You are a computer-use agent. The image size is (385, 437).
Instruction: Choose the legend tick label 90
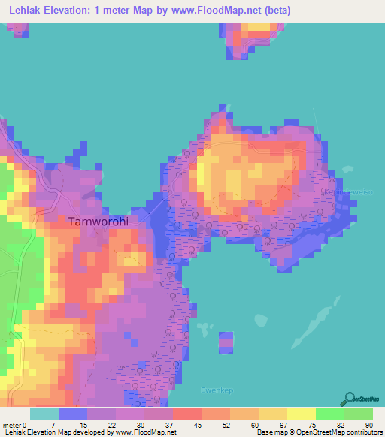tap(368, 425)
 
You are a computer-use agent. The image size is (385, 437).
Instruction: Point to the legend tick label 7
tap(53, 425)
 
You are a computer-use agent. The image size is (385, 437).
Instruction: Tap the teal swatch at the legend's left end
tap(44, 414)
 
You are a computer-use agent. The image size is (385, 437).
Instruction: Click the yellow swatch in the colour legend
tap(302, 414)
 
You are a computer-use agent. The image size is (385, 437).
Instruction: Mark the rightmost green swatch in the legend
tap(359, 414)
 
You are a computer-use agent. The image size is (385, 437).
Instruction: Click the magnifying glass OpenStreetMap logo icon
tap(350, 399)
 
